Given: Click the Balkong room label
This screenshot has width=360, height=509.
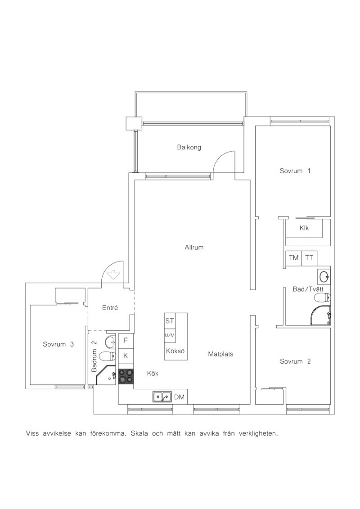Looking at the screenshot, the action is pos(189,148).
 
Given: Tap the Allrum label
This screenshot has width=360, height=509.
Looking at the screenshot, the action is pos(194,247).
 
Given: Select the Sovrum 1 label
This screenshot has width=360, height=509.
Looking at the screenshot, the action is pos(295,171).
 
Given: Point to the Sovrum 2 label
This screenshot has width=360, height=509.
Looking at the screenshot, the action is pos(295,361).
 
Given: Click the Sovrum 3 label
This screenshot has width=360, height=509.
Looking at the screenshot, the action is pos(58,344).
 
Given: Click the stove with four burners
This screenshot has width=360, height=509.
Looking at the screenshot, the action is pos(126,376).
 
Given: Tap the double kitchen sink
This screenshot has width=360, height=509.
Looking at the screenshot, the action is pos(162,397).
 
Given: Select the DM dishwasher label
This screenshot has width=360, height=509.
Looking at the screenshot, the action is pos(179,397).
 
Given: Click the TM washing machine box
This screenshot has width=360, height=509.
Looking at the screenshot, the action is pos(293,258).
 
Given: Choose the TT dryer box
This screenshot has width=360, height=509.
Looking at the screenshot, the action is pos(309,258).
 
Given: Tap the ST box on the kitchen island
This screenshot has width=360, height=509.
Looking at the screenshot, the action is pos(170,321).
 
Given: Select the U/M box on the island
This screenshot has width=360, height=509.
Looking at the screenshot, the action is pos(170,335).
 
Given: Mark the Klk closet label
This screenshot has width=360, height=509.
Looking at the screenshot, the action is pos(304,228).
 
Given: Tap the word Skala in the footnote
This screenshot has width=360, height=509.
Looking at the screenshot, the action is pos(139,433).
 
